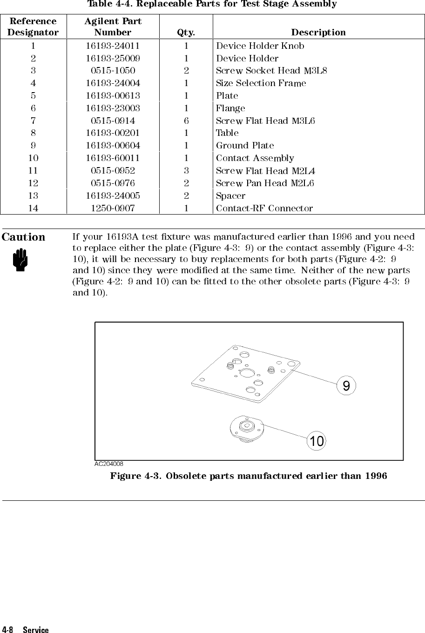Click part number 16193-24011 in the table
(113, 46)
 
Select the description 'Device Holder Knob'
(260, 46)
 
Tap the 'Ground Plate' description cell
(245, 146)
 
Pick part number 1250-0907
(113, 208)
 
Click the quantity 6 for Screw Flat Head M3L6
(186, 121)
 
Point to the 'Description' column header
(318, 33)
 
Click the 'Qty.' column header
(186, 33)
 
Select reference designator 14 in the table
(33, 208)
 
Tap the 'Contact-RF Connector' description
(264, 208)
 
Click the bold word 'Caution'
(24, 237)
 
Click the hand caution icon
(20, 260)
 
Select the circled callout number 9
(346, 386)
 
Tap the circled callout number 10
(317, 441)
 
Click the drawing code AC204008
(109, 464)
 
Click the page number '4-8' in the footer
(8, 630)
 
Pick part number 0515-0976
(113, 183)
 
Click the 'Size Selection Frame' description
(261, 83)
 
